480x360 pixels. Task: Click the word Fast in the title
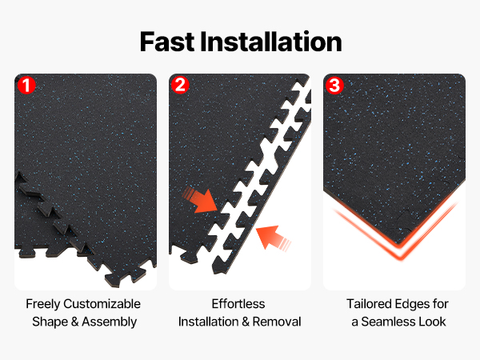[x=167, y=42]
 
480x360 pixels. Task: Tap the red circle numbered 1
[x=26, y=85]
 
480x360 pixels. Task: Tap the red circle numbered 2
[x=180, y=85]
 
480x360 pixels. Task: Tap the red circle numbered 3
[x=334, y=85]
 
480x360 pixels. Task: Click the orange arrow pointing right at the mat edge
[x=200, y=200]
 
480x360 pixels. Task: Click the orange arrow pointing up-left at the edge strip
[x=273, y=238]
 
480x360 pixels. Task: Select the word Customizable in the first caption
[x=102, y=304]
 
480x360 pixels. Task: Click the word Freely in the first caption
[x=43, y=304]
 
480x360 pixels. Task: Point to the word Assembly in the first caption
[x=110, y=322]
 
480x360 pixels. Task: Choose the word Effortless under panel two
[x=238, y=304]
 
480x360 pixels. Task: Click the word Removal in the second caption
[x=277, y=322]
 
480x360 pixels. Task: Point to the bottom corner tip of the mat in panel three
[x=399, y=244]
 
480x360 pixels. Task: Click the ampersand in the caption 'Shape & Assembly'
[x=74, y=322]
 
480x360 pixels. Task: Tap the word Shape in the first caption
[x=50, y=322]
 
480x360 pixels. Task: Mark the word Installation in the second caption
[x=209, y=322]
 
